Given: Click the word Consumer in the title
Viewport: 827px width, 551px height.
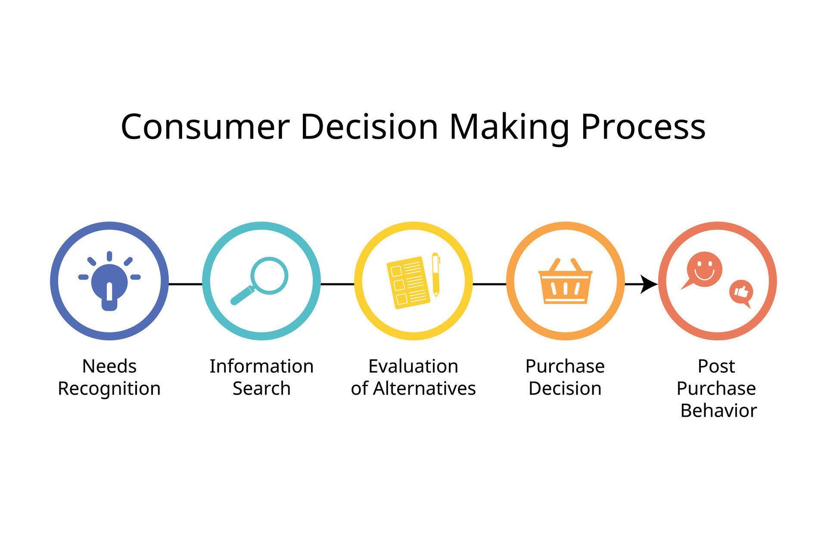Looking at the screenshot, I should tap(204, 127).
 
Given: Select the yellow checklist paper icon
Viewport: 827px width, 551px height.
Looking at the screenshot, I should tap(408, 282).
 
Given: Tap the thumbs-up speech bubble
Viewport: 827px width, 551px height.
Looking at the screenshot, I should tap(741, 292).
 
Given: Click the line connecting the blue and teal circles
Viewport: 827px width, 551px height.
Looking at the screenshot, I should tap(185, 284).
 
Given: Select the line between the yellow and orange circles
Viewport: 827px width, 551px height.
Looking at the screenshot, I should tap(489, 284).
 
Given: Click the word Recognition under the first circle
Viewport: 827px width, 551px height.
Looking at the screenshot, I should tap(109, 389).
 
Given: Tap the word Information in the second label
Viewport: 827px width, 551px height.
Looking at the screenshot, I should tap(261, 367).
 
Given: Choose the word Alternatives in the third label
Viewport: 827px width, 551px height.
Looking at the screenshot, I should tap(424, 389).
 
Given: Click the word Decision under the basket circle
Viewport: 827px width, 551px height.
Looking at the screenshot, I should tap(565, 389).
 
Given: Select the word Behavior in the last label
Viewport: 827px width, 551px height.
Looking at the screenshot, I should tap(718, 411).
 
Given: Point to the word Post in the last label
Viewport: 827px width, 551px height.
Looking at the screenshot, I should tap(716, 367).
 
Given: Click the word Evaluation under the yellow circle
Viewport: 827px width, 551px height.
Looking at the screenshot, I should tap(413, 367).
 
